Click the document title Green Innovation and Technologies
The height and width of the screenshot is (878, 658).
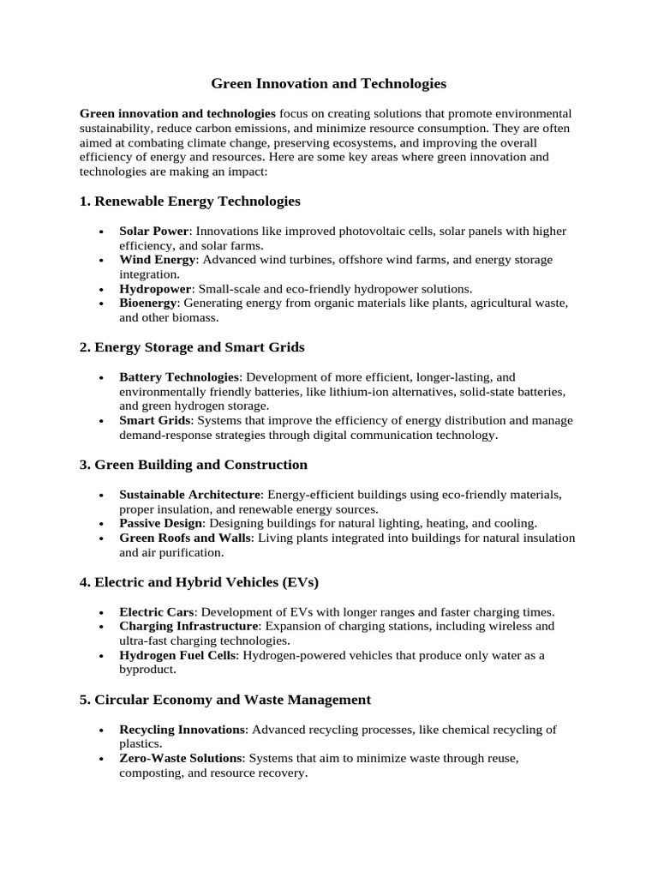pyautogui.click(x=329, y=84)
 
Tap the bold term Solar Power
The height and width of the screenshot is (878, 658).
pyautogui.click(x=153, y=232)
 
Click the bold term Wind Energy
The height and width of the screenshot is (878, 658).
pyautogui.click(x=158, y=260)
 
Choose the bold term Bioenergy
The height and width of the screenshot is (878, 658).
pyautogui.click(x=148, y=304)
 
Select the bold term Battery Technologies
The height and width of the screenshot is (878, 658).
pyautogui.click(x=179, y=377)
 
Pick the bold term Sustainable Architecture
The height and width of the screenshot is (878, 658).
pyautogui.click(x=190, y=495)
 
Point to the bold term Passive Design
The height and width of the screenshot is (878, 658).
pyautogui.click(x=161, y=523)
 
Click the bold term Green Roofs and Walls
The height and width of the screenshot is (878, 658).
pyautogui.click(x=185, y=538)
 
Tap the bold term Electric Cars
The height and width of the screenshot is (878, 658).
pyautogui.click(x=157, y=612)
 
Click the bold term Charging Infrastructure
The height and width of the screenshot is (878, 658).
pyautogui.click(x=188, y=627)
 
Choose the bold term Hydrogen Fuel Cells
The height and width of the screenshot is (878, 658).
pyautogui.click(x=177, y=656)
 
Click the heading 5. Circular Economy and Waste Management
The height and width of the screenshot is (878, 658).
pyautogui.click(x=225, y=700)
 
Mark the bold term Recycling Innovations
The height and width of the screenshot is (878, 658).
pyautogui.click(x=182, y=730)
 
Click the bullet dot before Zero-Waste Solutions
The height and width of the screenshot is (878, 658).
pyautogui.click(x=101, y=760)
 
